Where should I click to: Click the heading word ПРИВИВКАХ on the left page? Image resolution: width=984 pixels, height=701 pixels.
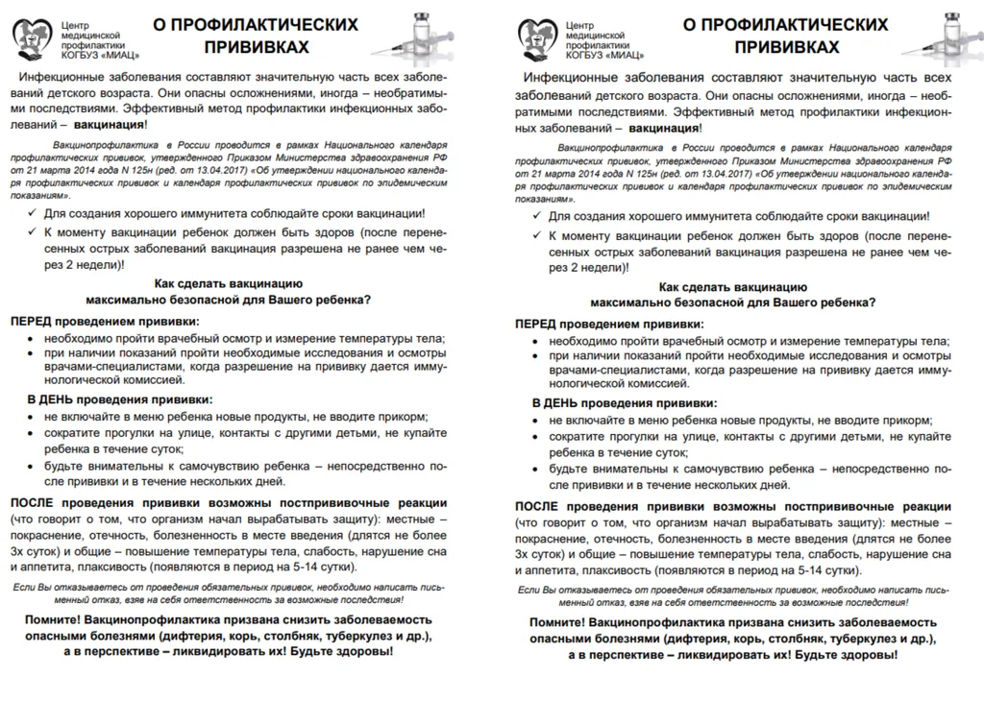(x=256, y=46)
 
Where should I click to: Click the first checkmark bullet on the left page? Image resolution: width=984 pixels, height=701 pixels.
(x=34, y=214)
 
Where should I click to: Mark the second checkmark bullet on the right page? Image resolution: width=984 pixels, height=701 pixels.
(x=538, y=235)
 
